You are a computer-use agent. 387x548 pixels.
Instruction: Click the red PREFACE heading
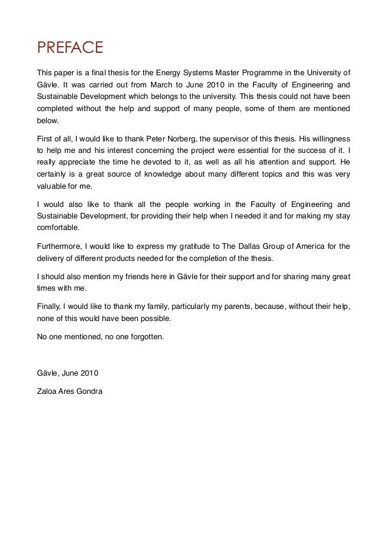click(x=70, y=47)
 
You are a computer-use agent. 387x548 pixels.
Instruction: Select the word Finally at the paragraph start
click(x=50, y=306)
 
